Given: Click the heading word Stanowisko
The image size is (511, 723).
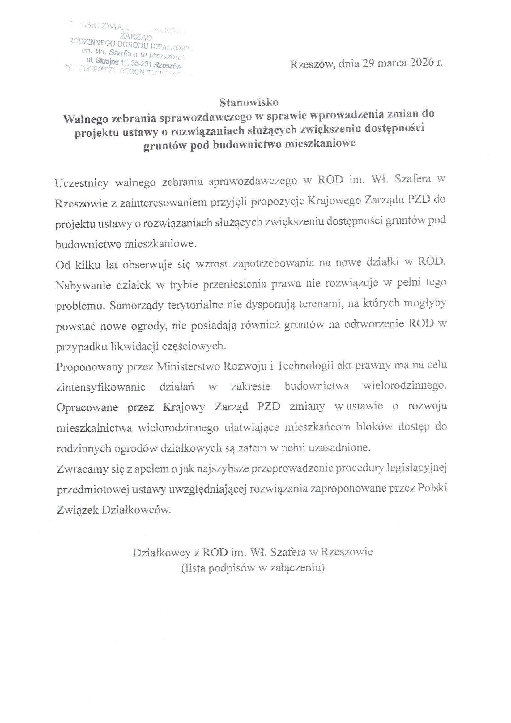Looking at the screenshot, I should click(x=249, y=102).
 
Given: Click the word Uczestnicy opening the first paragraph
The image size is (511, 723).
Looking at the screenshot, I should click(x=82, y=183).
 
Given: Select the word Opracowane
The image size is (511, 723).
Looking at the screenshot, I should click(x=87, y=408).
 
